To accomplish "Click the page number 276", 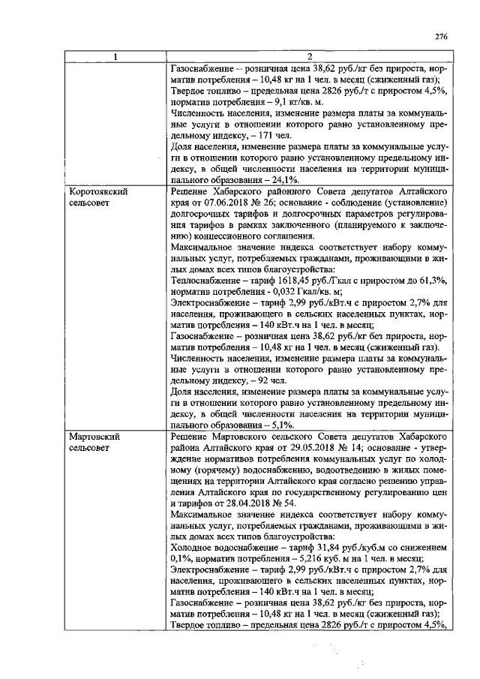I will pos(441,36).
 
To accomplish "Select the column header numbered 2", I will pos(310,57).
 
